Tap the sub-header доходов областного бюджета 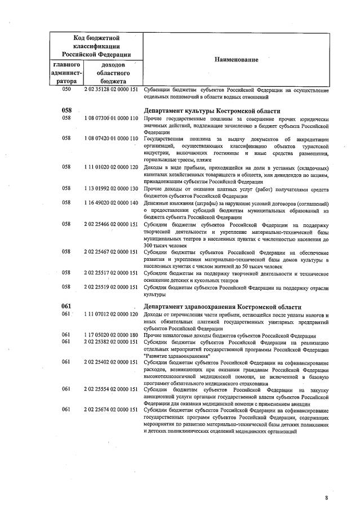coord(113,73)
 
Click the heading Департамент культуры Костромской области coord(212,110)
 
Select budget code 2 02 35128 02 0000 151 coord(111,89)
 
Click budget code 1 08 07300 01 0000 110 coord(111,119)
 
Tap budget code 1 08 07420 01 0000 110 coord(111,139)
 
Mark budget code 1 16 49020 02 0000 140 coord(111,202)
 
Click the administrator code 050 coord(66,89)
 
